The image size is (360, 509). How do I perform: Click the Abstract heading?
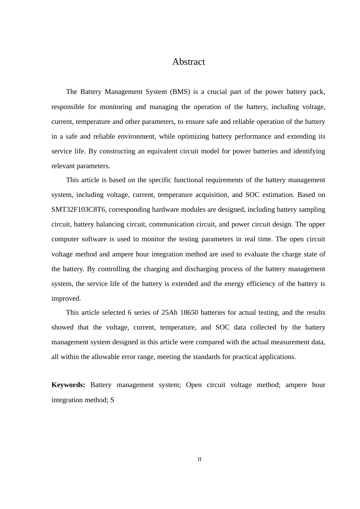click(188, 62)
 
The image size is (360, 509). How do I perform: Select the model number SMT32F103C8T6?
click(78, 209)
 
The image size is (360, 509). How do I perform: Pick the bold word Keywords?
click(68, 385)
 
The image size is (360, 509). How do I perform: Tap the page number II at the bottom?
click(199, 459)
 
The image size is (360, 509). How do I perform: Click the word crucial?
click(217, 92)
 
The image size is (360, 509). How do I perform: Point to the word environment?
click(135, 136)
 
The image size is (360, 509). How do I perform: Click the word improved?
click(66, 298)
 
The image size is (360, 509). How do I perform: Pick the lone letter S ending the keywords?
click(112, 400)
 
